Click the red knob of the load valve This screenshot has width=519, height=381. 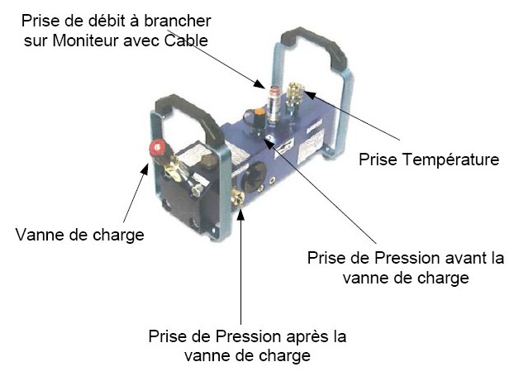(x=157, y=148)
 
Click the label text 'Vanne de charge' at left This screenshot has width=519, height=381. (x=80, y=235)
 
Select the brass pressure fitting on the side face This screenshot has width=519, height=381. (x=238, y=198)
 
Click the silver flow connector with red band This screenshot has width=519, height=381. (x=274, y=102)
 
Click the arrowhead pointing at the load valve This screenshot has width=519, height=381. (x=145, y=169)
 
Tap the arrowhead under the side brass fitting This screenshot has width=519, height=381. (x=240, y=214)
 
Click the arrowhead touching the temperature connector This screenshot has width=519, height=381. (x=308, y=94)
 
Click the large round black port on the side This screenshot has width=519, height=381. (x=254, y=174)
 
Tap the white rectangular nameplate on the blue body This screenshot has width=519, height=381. (x=311, y=145)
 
